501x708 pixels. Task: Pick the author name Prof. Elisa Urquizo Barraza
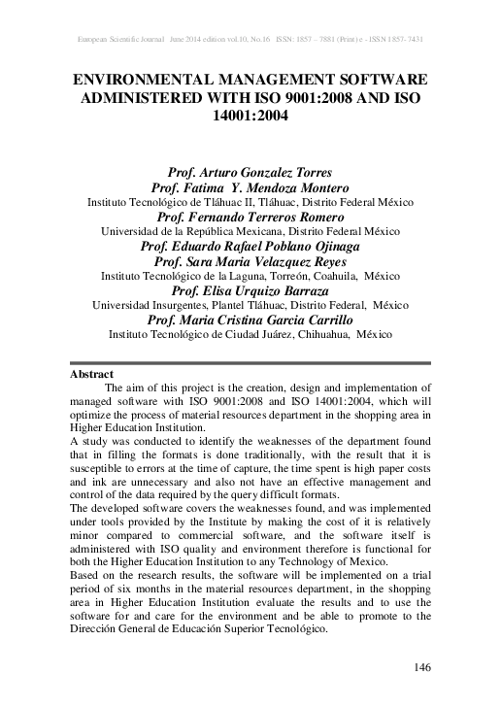pos(250,290)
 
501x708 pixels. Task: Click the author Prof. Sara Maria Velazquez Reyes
pos(250,261)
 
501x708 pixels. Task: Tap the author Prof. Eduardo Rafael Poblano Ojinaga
pos(250,246)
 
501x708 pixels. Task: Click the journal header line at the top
pos(250,39)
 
